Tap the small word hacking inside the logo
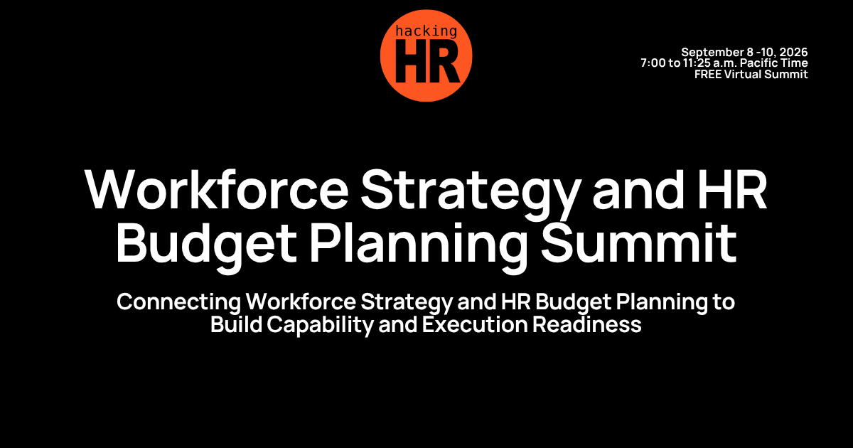426,31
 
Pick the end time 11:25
701,63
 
